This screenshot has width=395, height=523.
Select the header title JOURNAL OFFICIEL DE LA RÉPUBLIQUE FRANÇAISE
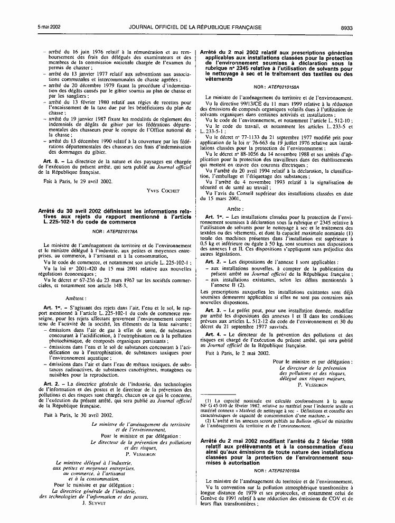[197, 12]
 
